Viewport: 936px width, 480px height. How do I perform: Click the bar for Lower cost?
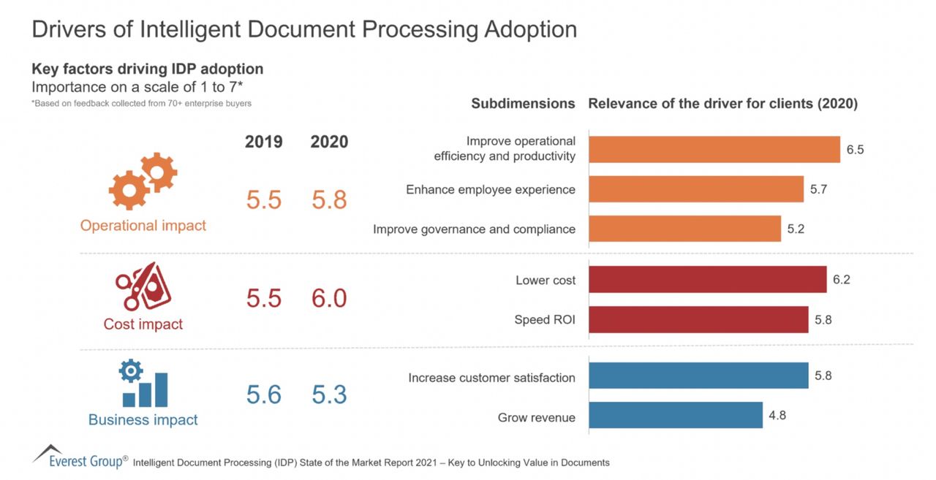pyautogui.click(x=707, y=279)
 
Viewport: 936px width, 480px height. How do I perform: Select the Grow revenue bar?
pyautogui.click(x=675, y=415)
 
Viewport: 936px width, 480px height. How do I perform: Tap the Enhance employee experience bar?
pyautogui.click(x=695, y=189)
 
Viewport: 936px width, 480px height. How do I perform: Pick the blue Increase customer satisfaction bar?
pyautogui.click(x=698, y=376)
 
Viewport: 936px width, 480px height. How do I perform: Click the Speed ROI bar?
pyautogui.click(x=698, y=319)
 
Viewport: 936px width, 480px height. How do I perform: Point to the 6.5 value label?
pyautogui.click(x=855, y=150)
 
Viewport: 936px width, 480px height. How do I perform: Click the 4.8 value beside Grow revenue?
pyautogui.click(x=777, y=415)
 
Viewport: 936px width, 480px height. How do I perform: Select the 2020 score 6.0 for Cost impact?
pyautogui.click(x=329, y=298)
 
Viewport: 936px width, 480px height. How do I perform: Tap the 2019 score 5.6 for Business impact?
pyautogui.click(x=263, y=395)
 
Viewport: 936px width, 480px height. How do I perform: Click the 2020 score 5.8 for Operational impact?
pyautogui.click(x=329, y=199)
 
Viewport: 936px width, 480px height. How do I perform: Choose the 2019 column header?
pyautogui.click(x=263, y=142)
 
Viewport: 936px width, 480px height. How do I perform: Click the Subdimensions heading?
pyautogui.click(x=523, y=104)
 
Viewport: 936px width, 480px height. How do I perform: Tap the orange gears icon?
pyautogui.click(x=143, y=182)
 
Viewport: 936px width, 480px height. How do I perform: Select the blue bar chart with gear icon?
pyautogui.click(x=143, y=384)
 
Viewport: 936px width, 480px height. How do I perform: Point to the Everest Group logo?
pyautogui.click(x=79, y=457)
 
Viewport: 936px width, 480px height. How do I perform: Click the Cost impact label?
pyautogui.click(x=143, y=324)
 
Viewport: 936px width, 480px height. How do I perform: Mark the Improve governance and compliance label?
pyautogui.click(x=474, y=229)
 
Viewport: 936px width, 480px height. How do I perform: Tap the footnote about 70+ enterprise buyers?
pyautogui.click(x=141, y=104)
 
